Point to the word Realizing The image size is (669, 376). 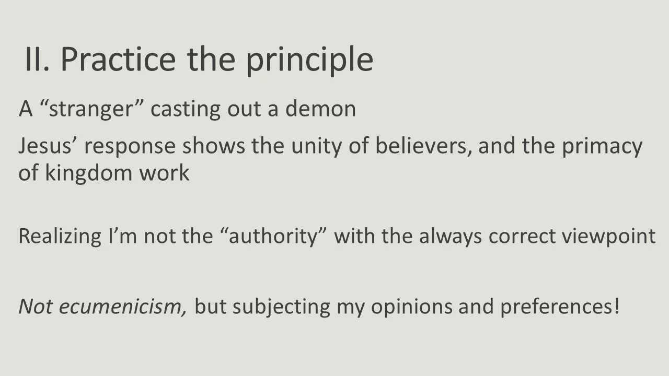[x=60, y=237]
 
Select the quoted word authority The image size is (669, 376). [x=271, y=237]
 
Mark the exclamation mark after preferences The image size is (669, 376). [x=617, y=306]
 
